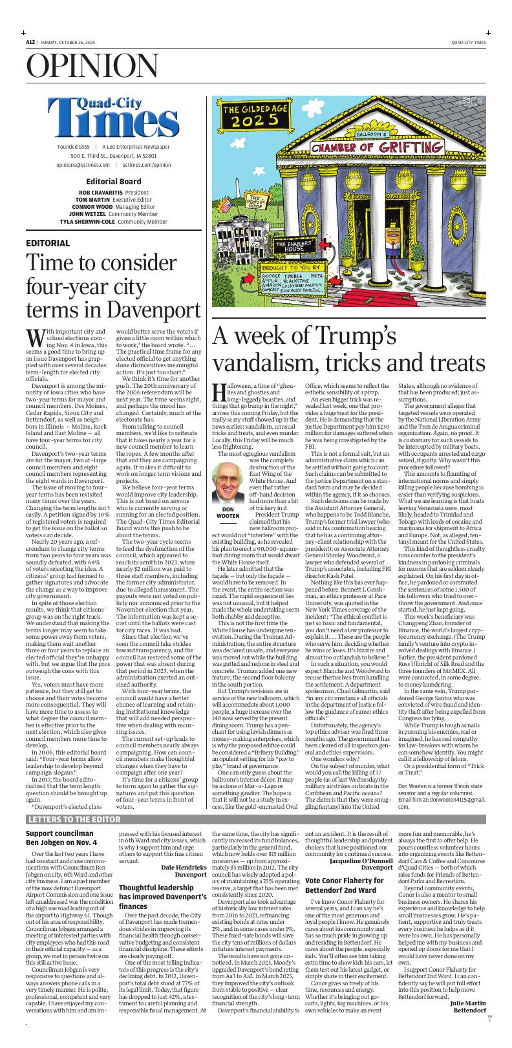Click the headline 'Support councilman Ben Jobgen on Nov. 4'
point(62,837)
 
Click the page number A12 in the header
point(30,42)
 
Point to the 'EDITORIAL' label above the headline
point(48,243)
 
